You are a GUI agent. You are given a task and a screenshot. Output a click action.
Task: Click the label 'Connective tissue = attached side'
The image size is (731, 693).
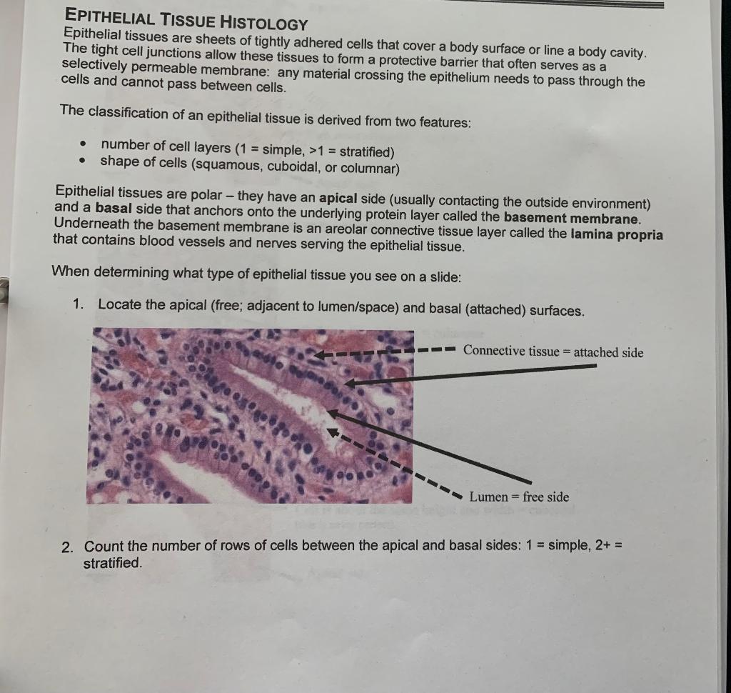(x=553, y=352)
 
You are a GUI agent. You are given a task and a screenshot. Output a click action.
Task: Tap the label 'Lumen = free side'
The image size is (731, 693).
(x=518, y=497)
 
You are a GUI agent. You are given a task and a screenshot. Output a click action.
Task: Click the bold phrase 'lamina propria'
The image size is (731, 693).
(x=617, y=234)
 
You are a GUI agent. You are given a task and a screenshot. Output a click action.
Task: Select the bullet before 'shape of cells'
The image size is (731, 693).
(x=84, y=161)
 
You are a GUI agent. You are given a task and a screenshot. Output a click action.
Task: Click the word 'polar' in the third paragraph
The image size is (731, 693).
(x=206, y=193)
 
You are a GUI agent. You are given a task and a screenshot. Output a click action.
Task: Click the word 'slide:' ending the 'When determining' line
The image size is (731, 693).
(x=443, y=277)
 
